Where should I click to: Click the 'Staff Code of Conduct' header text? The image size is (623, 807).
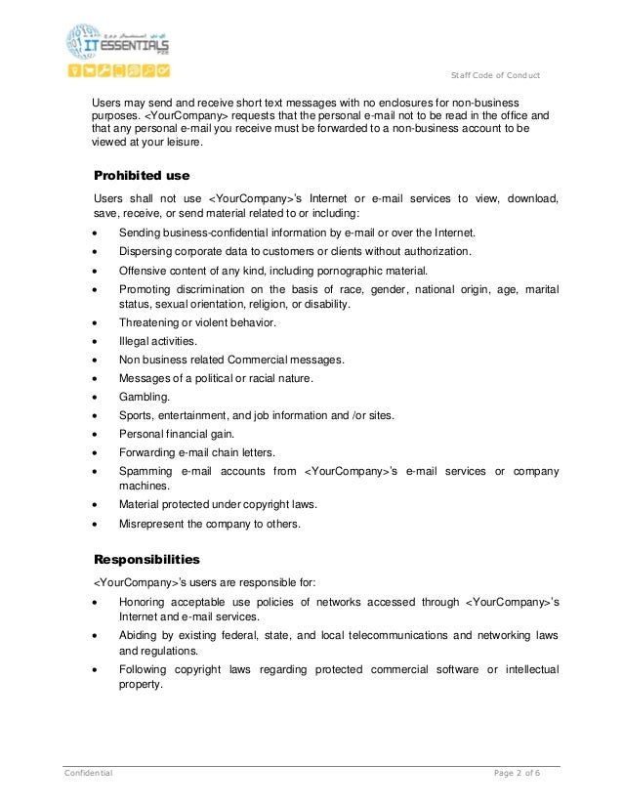click(x=499, y=77)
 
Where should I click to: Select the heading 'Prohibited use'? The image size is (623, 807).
click(x=141, y=176)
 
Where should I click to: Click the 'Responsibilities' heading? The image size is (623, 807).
click(x=145, y=560)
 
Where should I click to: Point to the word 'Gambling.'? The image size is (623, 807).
click(x=144, y=397)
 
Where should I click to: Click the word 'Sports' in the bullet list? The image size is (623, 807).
click(x=136, y=415)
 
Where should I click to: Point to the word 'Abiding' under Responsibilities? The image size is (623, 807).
click(x=140, y=635)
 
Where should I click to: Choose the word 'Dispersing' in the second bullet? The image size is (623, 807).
click(x=145, y=251)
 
